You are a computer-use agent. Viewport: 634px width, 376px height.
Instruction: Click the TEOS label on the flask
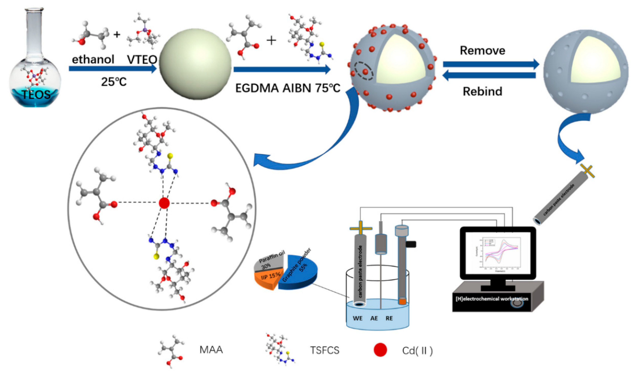[36, 95]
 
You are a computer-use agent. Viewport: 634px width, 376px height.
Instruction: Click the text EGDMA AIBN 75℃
[287, 88]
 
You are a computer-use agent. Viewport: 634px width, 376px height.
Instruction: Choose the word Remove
[482, 50]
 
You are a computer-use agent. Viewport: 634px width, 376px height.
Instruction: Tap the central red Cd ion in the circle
[164, 203]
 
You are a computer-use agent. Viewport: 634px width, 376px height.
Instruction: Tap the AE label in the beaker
[374, 318]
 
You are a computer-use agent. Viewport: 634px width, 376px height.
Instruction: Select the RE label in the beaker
[389, 318]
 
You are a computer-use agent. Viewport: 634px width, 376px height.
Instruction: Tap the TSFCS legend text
[324, 350]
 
